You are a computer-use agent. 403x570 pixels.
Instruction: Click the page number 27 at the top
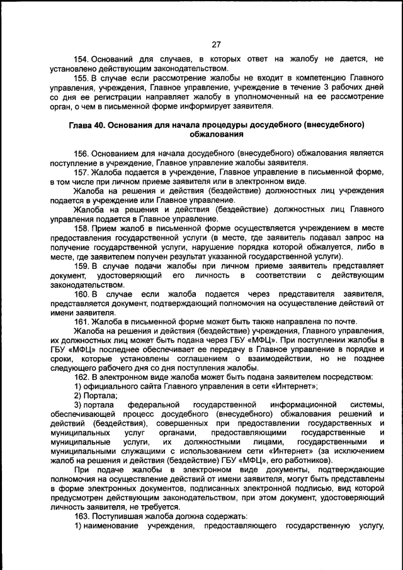coord(216,44)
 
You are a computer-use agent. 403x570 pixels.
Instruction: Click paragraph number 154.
coord(82,59)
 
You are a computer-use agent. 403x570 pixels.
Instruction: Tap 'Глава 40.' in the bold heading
coord(89,125)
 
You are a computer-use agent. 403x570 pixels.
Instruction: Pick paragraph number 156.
coord(82,153)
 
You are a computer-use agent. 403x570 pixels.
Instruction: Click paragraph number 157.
coord(82,171)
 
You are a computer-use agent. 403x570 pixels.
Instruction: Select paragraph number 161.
coord(82,321)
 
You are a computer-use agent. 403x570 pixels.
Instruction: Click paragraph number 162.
coord(82,377)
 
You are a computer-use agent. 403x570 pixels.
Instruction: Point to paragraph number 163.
coord(82,516)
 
